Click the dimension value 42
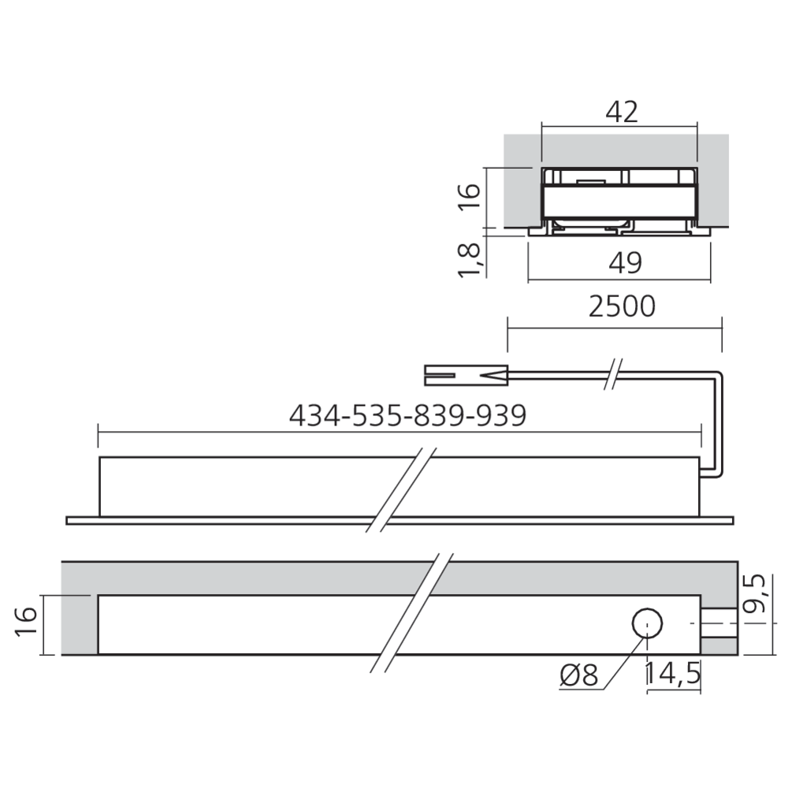(x=621, y=112)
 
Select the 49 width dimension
(x=626, y=262)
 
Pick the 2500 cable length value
(x=622, y=307)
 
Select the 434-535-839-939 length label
(x=407, y=415)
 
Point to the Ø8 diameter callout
(x=580, y=675)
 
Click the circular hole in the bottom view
(x=647, y=624)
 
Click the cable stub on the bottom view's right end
(x=719, y=624)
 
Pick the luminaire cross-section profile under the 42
(x=619, y=201)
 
